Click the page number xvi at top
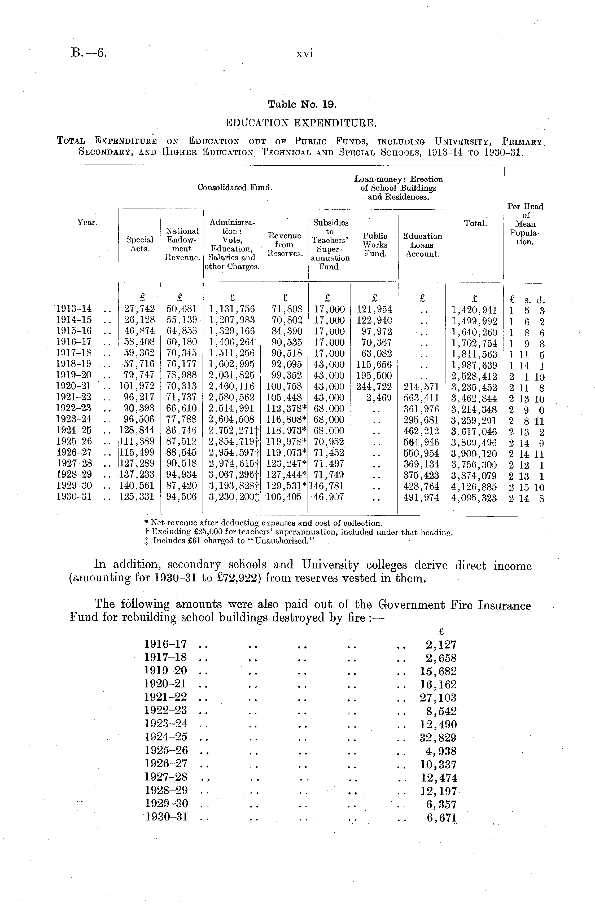[x=304, y=54]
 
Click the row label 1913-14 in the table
[x=74, y=309]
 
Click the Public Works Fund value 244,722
[x=374, y=387]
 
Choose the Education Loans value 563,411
[x=421, y=398]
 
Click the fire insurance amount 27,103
[x=438, y=697]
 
